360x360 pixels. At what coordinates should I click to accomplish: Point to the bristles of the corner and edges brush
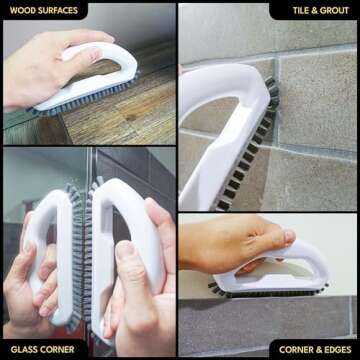pyautogui.click(x=250, y=292)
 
